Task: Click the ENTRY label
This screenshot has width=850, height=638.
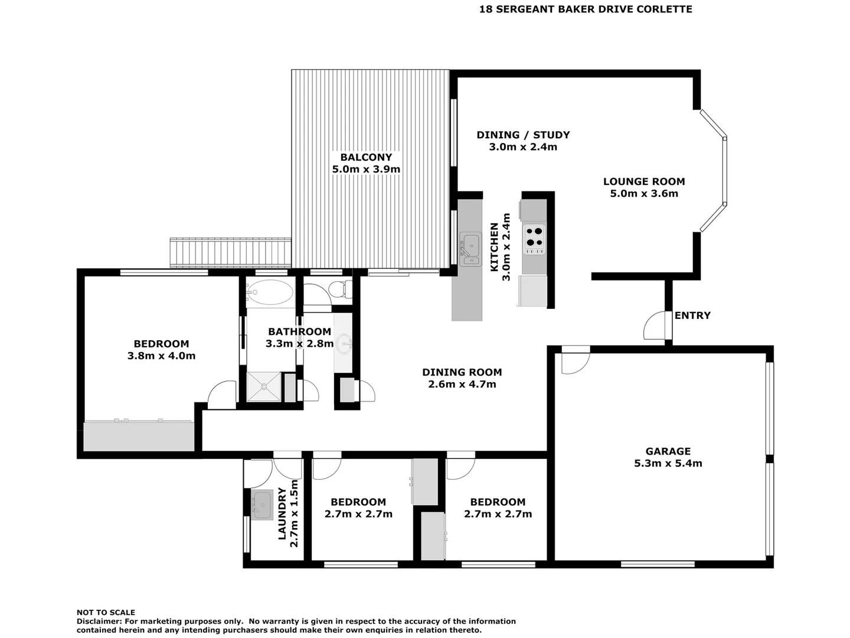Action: [692, 315]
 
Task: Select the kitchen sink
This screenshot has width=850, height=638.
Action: [470, 245]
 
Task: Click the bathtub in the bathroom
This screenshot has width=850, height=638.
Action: [270, 291]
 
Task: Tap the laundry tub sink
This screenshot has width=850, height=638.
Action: [261, 505]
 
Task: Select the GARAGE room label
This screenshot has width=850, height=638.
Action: [668, 451]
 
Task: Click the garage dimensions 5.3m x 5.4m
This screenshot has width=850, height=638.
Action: [668, 464]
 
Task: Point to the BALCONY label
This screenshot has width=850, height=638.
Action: [366, 157]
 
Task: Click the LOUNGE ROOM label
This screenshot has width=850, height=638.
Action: [643, 182]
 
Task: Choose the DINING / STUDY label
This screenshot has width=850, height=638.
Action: [523, 135]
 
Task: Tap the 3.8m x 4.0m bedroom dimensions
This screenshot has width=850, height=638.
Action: [161, 356]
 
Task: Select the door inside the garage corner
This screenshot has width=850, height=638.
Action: [574, 361]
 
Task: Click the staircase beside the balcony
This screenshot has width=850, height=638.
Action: [230, 253]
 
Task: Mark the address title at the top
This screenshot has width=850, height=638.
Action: [586, 9]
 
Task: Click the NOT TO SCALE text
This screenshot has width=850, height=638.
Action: [106, 613]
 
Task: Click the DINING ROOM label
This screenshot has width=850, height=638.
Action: [462, 372]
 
